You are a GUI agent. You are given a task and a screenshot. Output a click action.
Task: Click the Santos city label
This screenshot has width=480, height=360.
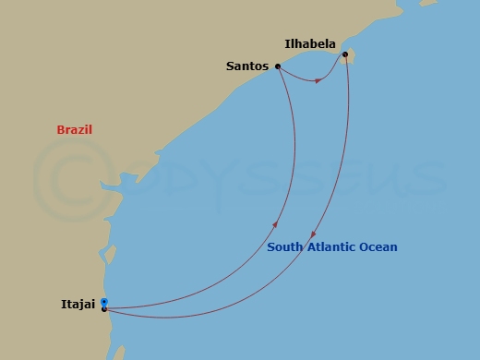click(246, 66)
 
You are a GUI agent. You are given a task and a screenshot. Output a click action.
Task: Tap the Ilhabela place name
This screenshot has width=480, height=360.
click(310, 42)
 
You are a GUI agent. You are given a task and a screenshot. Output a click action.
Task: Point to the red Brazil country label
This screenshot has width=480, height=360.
click(75, 130)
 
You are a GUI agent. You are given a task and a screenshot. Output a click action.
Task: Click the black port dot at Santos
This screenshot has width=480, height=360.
click(278, 66)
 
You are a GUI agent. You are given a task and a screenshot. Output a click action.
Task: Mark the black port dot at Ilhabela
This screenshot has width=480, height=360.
click(345, 54)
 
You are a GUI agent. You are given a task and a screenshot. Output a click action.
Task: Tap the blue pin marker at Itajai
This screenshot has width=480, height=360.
click(104, 302)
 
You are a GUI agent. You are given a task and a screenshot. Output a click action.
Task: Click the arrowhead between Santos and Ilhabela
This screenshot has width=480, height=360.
click(318, 80)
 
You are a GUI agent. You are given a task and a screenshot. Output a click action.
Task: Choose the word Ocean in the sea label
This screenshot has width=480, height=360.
click(379, 247)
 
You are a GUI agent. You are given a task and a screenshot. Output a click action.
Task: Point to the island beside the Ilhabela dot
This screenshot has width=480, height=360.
click(351, 59)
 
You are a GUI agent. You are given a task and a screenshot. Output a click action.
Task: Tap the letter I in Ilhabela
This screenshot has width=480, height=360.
click(287, 42)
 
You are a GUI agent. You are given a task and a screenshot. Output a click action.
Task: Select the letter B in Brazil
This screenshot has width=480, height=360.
click(60, 130)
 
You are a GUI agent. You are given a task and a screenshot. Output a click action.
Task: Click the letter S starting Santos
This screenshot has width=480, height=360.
click(230, 66)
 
